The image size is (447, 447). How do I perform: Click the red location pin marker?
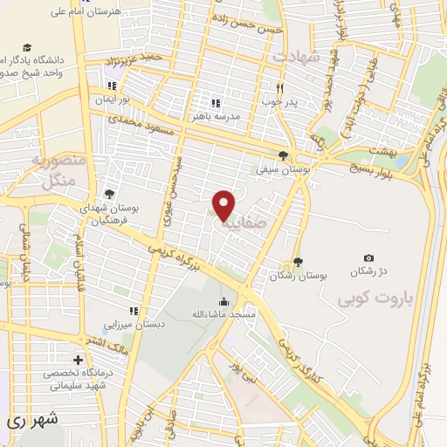(x=224, y=204)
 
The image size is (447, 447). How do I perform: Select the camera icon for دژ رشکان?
(x=368, y=258)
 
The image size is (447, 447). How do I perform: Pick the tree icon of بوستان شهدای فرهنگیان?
(x=108, y=194)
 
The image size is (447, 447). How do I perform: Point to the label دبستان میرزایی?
(x=134, y=323)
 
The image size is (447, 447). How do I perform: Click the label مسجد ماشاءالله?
(x=223, y=313)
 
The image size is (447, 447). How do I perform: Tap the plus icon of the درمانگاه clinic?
(x=79, y=359)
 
